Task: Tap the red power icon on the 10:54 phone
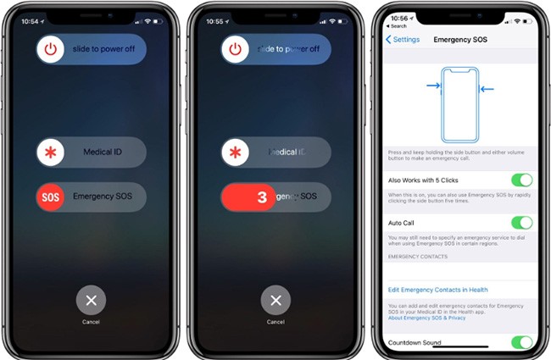point(51,50)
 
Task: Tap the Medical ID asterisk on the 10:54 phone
point(51,152)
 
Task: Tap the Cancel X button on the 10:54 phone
point(91,300)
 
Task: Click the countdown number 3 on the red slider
point(261,197)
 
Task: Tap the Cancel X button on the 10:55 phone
point(275,300)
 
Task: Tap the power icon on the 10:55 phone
point(236,50)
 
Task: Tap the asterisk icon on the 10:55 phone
point(236,152)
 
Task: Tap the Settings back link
point(403,39)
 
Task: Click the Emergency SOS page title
point(459,39)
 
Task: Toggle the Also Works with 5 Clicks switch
point(521,180)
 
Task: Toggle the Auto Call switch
point(521,223)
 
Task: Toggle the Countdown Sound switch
point(521,342)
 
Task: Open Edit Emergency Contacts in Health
point(437,290)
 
